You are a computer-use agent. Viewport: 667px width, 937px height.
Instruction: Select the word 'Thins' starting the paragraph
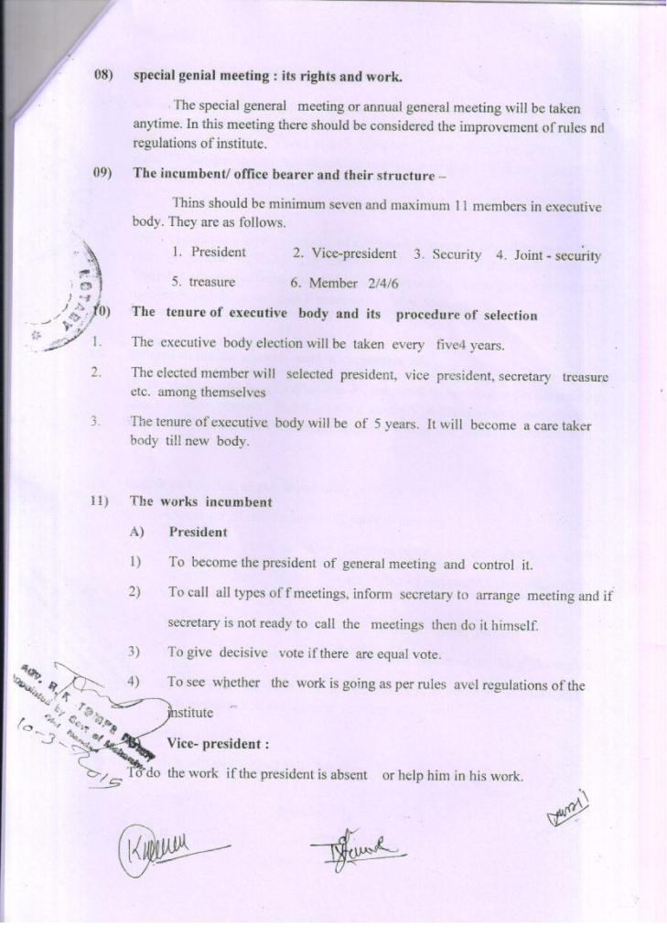(x=188, y=205)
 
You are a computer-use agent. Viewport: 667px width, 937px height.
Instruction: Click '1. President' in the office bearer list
(x=209, y=253)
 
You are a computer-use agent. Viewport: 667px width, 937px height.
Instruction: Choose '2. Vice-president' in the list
(x=344, y=253)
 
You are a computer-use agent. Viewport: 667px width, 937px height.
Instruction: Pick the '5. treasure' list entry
(x=203, y=283)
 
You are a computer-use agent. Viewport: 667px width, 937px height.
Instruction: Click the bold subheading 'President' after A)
(x=198, y=532)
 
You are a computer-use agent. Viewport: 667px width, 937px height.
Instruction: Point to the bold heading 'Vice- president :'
(x=218, y=744)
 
